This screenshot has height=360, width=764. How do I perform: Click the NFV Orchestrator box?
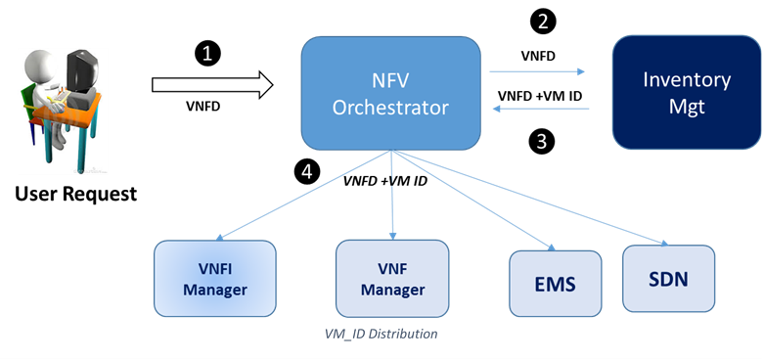click(x=390, y=93)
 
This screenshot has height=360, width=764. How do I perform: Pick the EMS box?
click(x=555, y=285)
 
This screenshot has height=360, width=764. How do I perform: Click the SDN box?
click(x=669, y=279)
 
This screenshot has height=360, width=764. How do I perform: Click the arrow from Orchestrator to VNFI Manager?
click(x=303, y=195)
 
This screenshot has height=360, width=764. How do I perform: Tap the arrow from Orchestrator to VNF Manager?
click(x=392, y=196)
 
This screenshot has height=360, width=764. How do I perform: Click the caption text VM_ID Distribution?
click(x=381, y=335)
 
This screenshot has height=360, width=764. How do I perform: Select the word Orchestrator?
click(x=390, y=107)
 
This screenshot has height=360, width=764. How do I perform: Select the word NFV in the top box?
click(x=390, y=80)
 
